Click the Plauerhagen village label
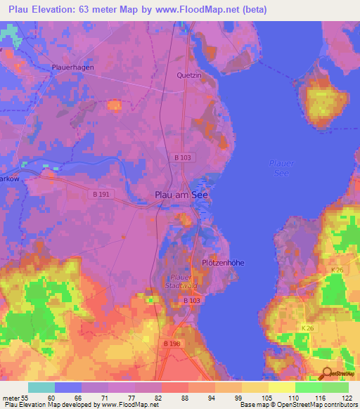point(72,67)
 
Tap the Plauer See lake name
point(282,169)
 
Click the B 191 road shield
point(102,193)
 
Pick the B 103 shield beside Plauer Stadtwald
point(192,301)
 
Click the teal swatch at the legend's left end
point(41,387)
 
